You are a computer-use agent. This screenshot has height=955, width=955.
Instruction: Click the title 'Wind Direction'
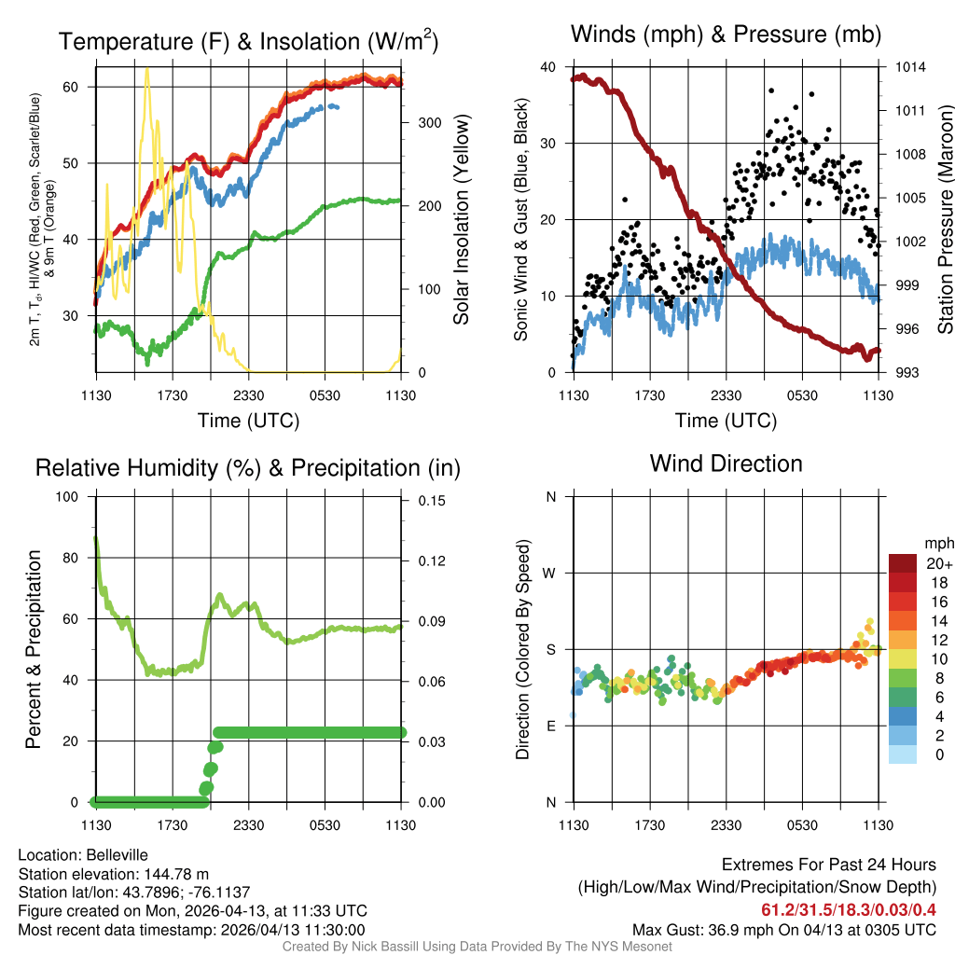pyautogui.click(x=726, y=464)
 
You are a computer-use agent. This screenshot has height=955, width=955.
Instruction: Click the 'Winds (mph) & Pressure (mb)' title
pyautogui.click(x=726, y=35)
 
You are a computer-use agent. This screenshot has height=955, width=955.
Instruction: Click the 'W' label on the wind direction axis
pyautogui.click(x=550, y=573)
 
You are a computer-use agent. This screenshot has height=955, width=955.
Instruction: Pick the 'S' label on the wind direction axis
pyautogui.click(x=550, y=649)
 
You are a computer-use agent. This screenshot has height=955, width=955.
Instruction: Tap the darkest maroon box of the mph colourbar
pyautogui.click(x=903, y=562)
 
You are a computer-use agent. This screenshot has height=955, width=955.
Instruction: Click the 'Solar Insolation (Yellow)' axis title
pyautogui.click(x=461, y=219)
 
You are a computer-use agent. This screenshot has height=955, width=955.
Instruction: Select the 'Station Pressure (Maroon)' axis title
pyautogui.click(x=945, y=219)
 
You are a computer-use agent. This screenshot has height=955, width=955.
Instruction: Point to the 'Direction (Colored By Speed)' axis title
pyautogui.click(x=522, y=649)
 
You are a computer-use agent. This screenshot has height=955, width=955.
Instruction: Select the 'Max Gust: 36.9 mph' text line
pyautogui.click(x=783, y=929)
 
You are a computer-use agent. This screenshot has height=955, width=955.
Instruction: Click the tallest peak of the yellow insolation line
pyautogui.click(x=146, y=69)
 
